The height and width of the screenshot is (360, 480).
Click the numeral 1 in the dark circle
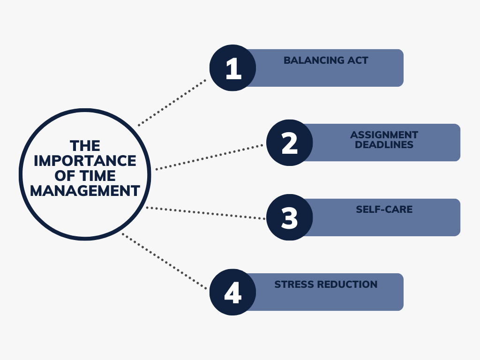click(x=233, y=68)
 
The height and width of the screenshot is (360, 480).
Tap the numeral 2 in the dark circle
click(x=289, y=143)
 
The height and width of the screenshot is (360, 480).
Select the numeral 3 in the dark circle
click(x=289, y=217)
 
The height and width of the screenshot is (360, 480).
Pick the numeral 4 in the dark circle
click(x=232, y=292)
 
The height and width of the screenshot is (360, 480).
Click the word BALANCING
click(x=314, y=60)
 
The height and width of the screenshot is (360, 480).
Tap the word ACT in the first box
click(x=358, y=60)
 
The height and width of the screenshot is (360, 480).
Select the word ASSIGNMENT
click(x=384, y=135)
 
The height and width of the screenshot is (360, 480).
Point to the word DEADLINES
click(x=384, y=144)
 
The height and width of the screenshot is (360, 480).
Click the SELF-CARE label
click(x=384, y=210)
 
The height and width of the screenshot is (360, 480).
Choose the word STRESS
click(x=295, y=285)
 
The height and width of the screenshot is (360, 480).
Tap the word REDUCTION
click(x=348, y=285)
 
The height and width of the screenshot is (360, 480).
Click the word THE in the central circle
click(x=85, y=146)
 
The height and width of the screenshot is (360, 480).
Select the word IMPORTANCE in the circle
click(x=85, y=161)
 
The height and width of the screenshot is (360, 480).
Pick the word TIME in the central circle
click(x=97, y=176)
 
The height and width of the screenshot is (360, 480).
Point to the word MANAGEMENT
click(x=85, y=191)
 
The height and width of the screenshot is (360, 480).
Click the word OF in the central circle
click(x=65, y=176)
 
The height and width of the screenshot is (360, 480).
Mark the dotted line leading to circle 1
click(x=172, y=103)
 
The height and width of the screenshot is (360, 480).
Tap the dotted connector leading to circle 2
click(x=209, y=157)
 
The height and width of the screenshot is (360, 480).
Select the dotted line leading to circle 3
click(x=206, y=213)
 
